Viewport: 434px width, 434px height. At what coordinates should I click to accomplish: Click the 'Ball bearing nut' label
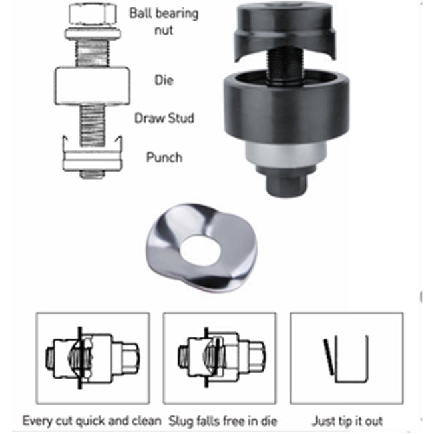[164, 21]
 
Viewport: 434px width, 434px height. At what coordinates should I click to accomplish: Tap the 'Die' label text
[164, 81]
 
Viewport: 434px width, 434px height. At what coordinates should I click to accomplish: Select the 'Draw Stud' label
[164, 118]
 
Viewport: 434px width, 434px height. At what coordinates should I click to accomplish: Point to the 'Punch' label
[164, 157]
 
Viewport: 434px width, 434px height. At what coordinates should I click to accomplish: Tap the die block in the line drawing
[92, 86]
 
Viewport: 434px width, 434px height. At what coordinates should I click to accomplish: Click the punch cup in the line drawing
[92, 154]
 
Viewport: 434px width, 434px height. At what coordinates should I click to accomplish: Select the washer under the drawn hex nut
[93, 33]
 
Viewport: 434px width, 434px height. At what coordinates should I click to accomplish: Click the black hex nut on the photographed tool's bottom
[286, 184]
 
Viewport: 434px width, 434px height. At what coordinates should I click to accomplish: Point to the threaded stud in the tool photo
[285, 64]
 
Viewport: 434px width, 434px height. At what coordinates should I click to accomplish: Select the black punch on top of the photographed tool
[285, 31]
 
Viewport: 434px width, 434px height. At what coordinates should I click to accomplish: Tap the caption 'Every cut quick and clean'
[92, 421]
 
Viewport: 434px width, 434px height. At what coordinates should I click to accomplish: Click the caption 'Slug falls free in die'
[223, 421]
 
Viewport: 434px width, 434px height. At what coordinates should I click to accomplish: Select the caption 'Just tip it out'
[347, 421]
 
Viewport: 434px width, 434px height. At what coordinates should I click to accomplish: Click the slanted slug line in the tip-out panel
[329, 357]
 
